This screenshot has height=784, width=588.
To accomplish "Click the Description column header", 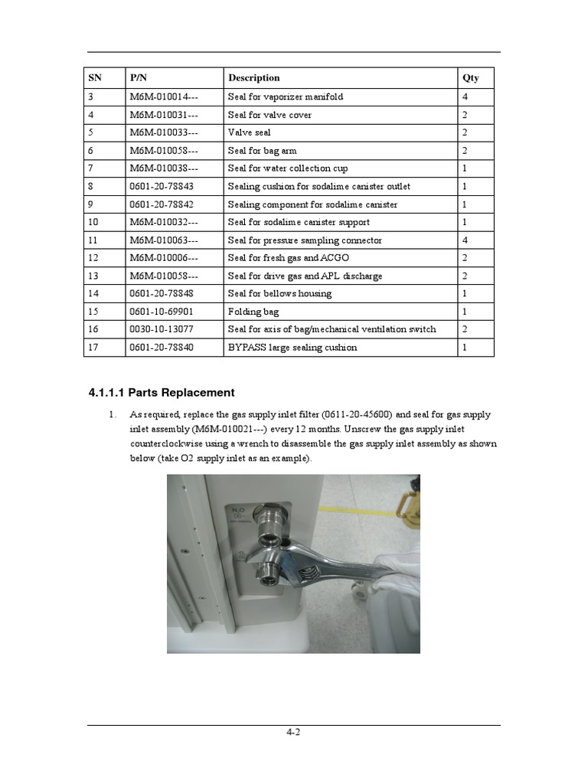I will (x=253, y=78).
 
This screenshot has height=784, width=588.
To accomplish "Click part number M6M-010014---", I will (x=164, y=97).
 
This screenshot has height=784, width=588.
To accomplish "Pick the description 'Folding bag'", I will (x=253, y=312).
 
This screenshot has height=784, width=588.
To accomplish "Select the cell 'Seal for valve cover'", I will (x=269, y=115).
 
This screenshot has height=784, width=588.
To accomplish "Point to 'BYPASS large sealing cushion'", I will (x=292, y=348).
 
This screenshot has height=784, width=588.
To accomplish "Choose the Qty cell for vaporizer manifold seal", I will (x=465, y=97).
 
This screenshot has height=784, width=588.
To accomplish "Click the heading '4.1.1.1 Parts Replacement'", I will (x=162, y=393).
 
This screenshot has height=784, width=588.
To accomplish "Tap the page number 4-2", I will (x=293, y=733).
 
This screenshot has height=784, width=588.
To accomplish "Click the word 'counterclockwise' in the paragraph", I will (x=166, y=444).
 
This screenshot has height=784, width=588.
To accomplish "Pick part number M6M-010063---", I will (x=164, y=240).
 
